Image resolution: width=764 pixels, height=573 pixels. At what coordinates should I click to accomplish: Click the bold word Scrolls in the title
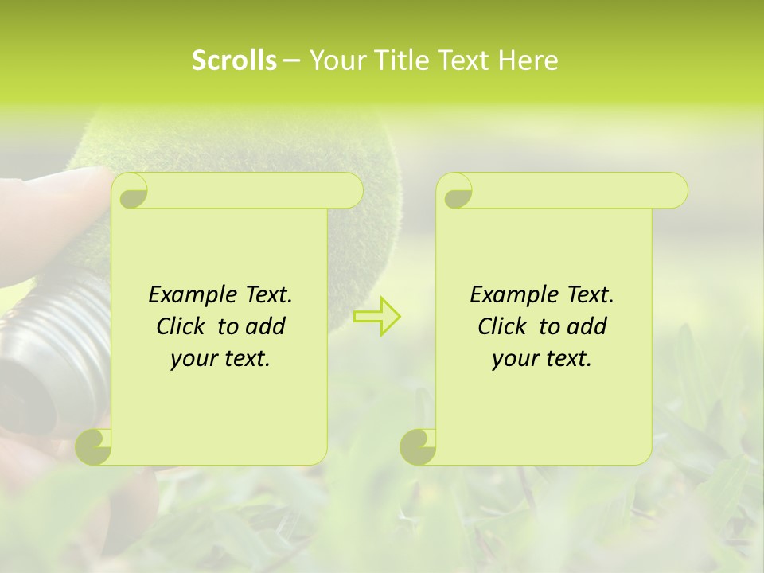click(x=235, y=60)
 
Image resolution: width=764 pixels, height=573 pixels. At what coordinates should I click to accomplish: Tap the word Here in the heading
click(x=528, y=60)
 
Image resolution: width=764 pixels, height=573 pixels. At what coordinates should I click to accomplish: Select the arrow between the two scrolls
click(x=377, y=316)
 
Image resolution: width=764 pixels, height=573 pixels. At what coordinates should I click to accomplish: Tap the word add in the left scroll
click(x=265, y=326)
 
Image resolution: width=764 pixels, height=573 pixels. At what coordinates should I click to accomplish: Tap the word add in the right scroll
click(x=587, y=326)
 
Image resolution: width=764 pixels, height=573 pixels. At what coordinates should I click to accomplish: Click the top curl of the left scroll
click(x=131, y=192)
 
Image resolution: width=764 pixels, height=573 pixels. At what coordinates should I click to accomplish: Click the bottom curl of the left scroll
click(x=94, y=446)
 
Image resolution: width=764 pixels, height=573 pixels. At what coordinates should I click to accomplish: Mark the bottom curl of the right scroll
click(x=418, y=446)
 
